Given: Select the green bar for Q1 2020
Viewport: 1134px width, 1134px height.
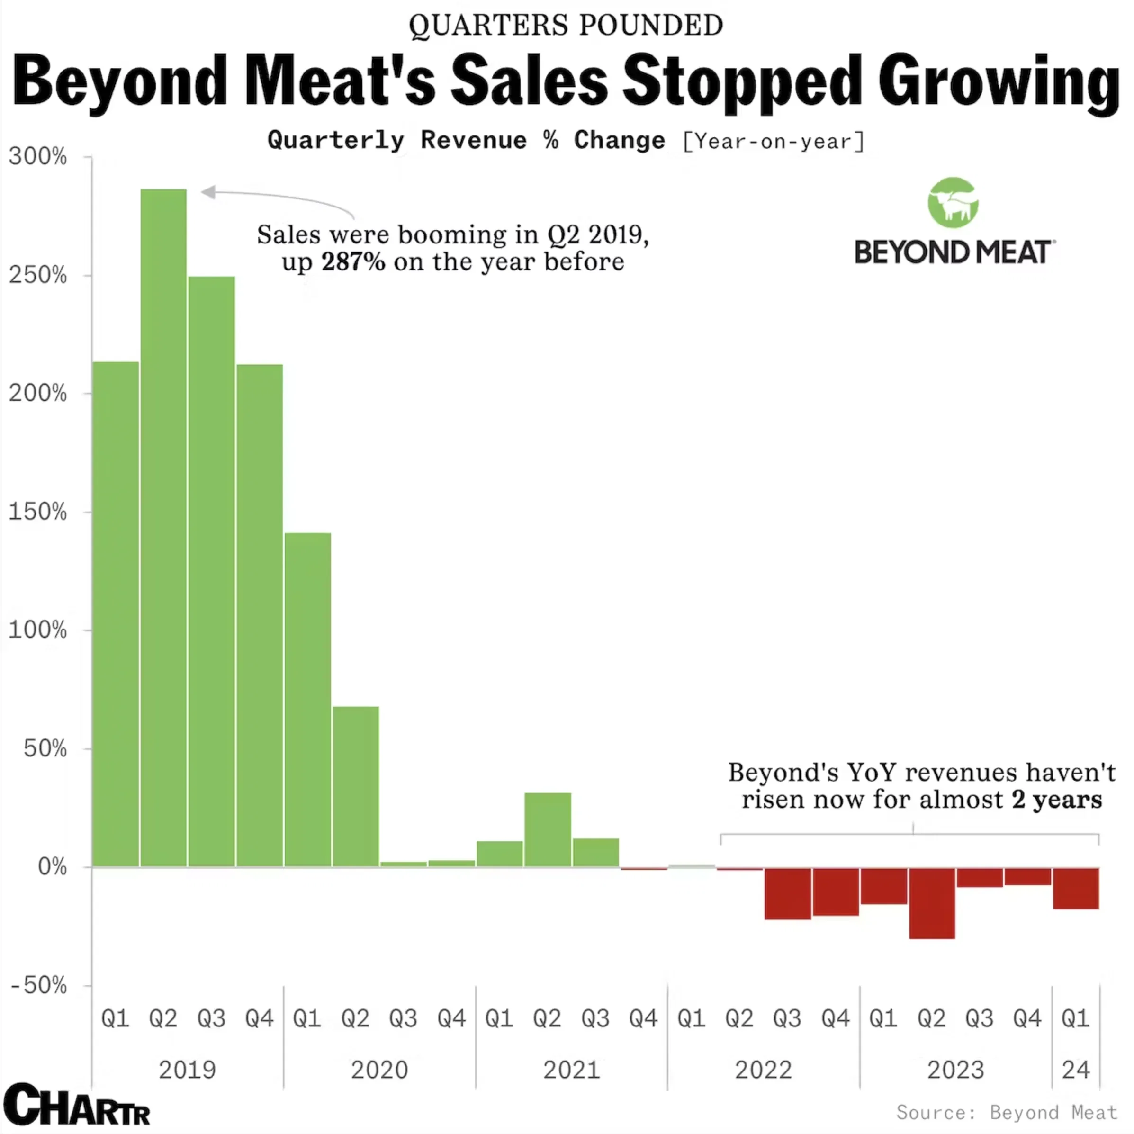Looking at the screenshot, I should pyautogui.click(x=307, y=699).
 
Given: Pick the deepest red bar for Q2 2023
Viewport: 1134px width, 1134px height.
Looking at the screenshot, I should pyautogui.click(x=931, y=903).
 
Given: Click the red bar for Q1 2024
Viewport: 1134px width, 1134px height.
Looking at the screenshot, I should pyautogui.click(x=1075, y=888).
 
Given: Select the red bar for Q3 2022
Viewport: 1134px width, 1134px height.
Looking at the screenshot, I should pyautogui.click(x=788, y=893).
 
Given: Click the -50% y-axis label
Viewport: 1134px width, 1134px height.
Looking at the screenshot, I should pyautogui.click(x=39, y=985).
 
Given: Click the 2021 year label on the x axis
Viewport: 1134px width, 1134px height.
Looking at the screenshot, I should pyautogui.click(x=571, y=1070).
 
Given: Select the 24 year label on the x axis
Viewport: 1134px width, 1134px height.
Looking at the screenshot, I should pyautogui.click(x=1075, y=1070).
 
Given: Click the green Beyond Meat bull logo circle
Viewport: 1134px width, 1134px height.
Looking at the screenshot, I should pyautogui.click(x=953, y=203).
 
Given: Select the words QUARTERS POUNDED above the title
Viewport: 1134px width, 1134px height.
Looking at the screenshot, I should pyautogui.click(x=566, y=25).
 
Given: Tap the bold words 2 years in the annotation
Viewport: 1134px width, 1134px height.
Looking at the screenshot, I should pyautogui.click(x=1056, y=800).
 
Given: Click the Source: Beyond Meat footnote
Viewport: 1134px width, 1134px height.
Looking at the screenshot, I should pyautogui.click(x=1006, y=1112).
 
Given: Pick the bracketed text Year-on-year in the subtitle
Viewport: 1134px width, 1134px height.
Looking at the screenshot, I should pyautogui.click(x=774, y=142).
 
